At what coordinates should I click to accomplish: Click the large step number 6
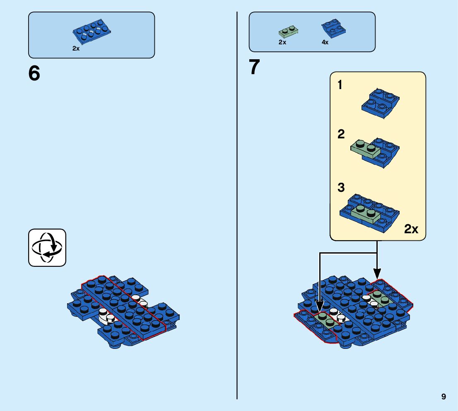34,73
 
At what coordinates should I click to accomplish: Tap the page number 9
444,396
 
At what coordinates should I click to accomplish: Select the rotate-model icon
47,247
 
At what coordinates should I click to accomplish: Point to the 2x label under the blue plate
76,48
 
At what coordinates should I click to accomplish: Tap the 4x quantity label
325,42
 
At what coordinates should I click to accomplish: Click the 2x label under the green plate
282,42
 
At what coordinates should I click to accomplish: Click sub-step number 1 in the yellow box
340,86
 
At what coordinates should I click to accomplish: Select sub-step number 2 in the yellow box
341,135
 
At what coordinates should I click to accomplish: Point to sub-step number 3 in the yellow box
341,188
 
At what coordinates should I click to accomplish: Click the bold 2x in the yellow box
411,229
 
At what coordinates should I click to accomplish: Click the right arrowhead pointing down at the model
377,274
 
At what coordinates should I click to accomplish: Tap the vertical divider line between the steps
237,207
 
